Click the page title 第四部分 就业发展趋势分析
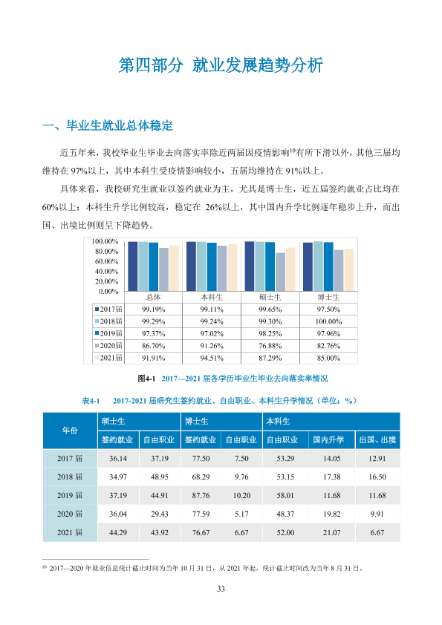[x=221, y=65]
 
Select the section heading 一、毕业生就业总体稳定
[x=108, y=125]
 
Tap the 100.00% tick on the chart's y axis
[x=105, y=241]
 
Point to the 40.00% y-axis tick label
[x=106, y=272]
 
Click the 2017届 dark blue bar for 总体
[x=132, y=266]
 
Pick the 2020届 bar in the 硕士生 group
[x=280, y=272]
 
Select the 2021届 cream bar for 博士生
[x=349, y=270]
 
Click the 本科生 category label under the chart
[x=212, y=298]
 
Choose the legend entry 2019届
[x=109, y=333]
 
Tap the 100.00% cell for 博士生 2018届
[x=328, y=321]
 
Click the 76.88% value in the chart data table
[x=270, y=346]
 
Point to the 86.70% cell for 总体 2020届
[x=154, y=346]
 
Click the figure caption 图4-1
[x=146, y=379]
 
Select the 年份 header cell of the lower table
[x=70, y=431]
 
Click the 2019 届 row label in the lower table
[x=70, y=495]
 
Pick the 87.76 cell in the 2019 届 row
[x=201, y=495]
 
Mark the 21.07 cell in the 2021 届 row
[x=332, y=532]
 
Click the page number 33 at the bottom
[x=221, y=589]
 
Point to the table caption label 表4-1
[x=91, y=401]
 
